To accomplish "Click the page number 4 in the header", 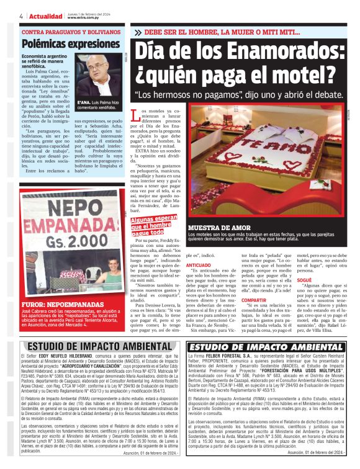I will click(x=22, y=16).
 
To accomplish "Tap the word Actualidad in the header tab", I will click(x=47, y=16).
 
